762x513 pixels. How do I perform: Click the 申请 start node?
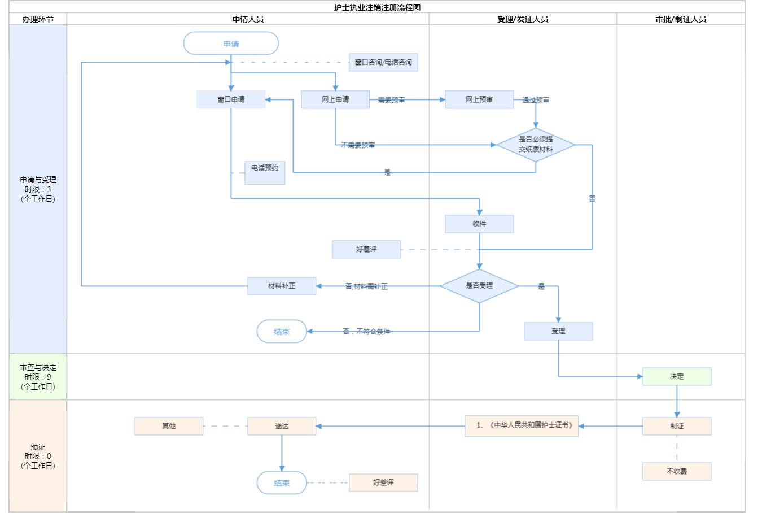(x=231, y=44)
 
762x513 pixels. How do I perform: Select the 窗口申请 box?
(x=231, y=99)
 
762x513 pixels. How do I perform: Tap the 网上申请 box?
(x=335, y=99)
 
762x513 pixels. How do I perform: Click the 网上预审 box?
(x=479, y=99)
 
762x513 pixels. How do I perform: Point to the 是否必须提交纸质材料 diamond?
(x=536, y=145)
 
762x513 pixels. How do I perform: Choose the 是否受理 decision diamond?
(x=479, y=286)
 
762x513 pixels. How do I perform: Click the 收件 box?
(x=479, y=224)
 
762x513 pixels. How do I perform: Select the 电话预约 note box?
(x=265, y=172)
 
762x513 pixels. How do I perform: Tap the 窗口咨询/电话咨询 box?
(x=383, y=62)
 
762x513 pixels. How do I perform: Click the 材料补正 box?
(x=282, y=286)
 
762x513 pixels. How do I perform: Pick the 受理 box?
(x=558, y=331)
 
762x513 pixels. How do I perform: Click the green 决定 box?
(x=677, y=376)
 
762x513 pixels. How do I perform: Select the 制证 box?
(x=677, y=426)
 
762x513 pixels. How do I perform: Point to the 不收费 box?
(x=677, y=471)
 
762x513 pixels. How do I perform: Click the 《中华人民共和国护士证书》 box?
(x=522, y=426)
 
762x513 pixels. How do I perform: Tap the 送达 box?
(x=282, y=426)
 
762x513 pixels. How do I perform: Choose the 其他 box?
(x=169, y=426)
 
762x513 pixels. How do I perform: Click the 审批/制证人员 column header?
(x=681, y=19)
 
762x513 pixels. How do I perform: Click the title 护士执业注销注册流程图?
(x=377, y=7)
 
